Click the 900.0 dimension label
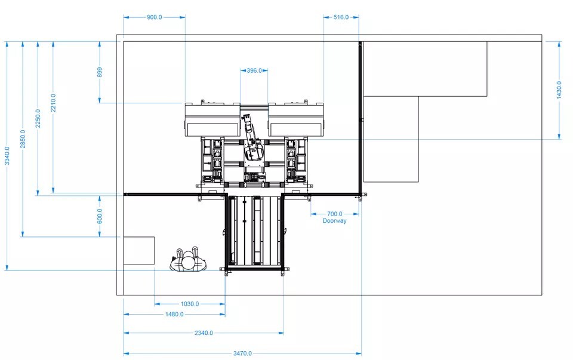(154, 17)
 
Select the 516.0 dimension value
(341, 17)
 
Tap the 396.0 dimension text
(254, 70)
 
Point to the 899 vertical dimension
(100, 72)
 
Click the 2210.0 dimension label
(53, 103)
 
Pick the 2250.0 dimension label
(38, 118)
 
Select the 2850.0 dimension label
(23, 139)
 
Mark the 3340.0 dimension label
(7, 156)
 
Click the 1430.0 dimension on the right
(559, 90)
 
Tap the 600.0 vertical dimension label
(100, 216)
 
